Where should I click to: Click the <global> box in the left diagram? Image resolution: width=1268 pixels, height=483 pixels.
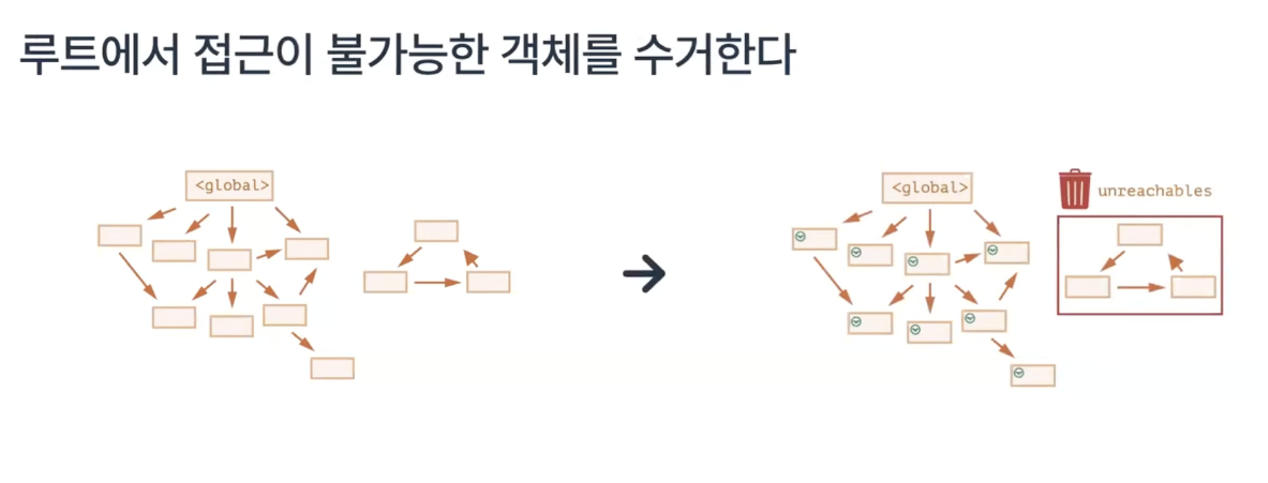tap(229, 185)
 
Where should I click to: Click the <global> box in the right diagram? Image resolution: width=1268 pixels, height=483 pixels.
tap(927, 187)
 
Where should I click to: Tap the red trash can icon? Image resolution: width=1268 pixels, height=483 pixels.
tap(1074, 189)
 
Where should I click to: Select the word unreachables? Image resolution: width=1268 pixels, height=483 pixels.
tap(1154, 191)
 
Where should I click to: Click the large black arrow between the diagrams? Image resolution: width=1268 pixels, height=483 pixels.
tap(644, 274)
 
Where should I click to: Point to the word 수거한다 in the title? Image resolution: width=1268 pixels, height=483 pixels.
tap(714, 55)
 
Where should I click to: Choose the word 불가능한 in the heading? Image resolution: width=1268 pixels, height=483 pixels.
tap(407, 55)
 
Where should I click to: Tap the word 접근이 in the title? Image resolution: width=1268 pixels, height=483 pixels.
tap(253, 55)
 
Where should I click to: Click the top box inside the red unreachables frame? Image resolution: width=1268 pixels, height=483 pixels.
tap(1140, 234)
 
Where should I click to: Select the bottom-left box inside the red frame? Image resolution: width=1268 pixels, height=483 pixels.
tap(1087, 287)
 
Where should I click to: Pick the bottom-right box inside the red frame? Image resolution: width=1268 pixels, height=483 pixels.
tap(1193, 287)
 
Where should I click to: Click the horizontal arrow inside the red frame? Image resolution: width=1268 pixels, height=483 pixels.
tap(1140, 288)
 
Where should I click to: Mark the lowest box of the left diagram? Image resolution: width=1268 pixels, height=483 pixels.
tap(332, 368)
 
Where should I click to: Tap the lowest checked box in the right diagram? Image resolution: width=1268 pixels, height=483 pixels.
tap(1032, 375)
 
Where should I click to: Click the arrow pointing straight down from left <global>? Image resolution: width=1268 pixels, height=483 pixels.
tap(232, 224)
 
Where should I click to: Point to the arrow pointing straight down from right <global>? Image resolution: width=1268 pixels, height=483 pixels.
tap(929, 228)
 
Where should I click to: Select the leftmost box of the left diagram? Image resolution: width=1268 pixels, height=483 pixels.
tap(120, 235)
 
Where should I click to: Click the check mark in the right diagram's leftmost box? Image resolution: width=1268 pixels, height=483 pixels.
tap(800, 236)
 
